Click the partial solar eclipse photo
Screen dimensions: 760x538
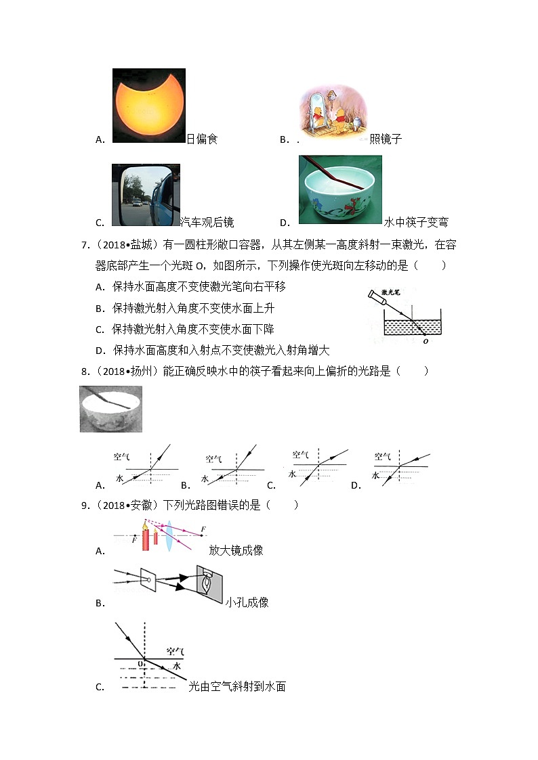coord(148,105)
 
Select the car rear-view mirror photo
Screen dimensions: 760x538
coord(145,196)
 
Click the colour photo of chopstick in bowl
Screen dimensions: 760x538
coord(340,189)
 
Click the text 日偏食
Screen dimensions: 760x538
coord(202,139)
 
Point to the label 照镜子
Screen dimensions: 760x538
coord(386,139)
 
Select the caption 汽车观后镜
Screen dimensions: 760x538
coord(207,223)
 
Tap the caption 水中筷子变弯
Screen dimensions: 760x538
coord(416,223)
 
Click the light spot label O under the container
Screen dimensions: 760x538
coord(425,342)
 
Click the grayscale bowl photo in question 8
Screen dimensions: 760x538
coord(111,409)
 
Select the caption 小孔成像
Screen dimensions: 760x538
coord(247,602)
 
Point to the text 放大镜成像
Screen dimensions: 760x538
coord(236,550)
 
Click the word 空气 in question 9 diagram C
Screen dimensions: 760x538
coord(175,652)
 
